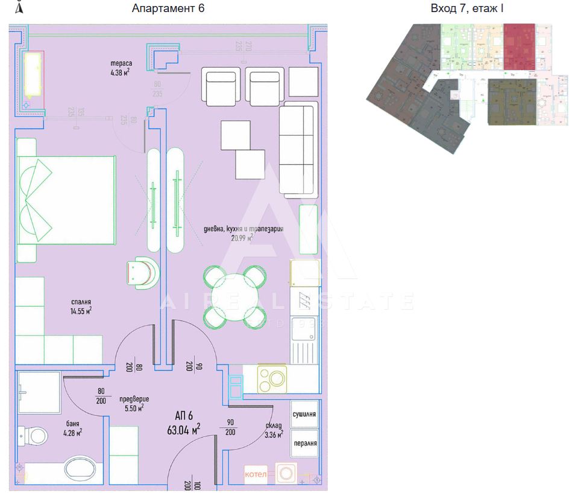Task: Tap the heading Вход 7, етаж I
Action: click(x=467, y=8)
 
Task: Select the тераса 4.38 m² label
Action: click(x=121, y=68)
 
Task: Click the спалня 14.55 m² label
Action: click(x=80, y=307)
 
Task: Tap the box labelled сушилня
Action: click(x=304, y=415)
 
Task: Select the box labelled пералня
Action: click(x=304, y=443)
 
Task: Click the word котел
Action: click(x=255, y=474)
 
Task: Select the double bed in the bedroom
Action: click(x=66, y=200)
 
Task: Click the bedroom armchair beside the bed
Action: click(x=143, y=273)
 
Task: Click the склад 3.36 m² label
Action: click(x=274, y=430)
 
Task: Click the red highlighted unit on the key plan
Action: click(x=519, y=46)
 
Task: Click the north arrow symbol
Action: click(x=19, y=7)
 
